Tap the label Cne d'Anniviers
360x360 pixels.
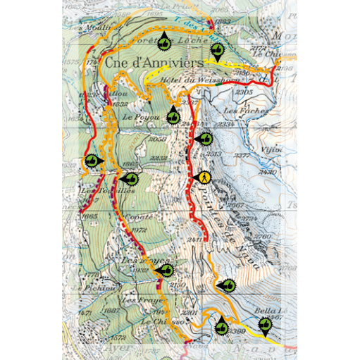154,62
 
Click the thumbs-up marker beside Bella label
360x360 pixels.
264,325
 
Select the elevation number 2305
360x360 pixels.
244,92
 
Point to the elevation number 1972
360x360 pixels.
137,230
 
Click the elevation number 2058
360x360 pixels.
158,139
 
